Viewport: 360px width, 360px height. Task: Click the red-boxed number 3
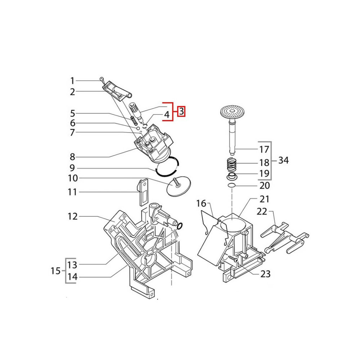181,112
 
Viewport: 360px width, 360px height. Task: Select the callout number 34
283,160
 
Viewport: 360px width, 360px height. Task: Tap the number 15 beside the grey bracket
55,271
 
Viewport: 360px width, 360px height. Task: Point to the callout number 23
265,274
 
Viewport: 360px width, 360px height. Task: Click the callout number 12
73,216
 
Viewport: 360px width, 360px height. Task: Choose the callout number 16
201,203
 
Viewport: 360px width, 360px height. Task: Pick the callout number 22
262,211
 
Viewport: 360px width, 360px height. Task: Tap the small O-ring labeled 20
231,185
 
